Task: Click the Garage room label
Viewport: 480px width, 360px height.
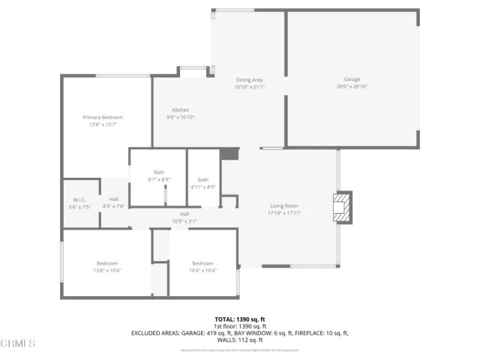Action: click(x=352, y=79)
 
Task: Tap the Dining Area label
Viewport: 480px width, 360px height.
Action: click(x=249, y=79)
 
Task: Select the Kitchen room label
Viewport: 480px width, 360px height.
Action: click(x=181, y=110)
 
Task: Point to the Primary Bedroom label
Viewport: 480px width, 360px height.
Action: click(x=103, y=117)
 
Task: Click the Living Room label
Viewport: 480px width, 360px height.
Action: click(x=284, y=205)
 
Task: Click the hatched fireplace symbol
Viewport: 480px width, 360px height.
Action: click(x=341, y=208)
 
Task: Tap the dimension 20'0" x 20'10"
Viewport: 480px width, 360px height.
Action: click(x=352, y=86)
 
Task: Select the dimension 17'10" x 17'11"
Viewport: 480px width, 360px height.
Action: click(x=284, y=213)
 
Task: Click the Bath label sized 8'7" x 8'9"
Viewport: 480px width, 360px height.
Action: click(x=159, y=172)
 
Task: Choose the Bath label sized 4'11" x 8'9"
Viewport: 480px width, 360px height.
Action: click(x=202, y=180)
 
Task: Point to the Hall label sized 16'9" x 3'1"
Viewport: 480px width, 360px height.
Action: click(x=184, y=214)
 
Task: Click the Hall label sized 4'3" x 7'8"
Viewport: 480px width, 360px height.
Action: click(x=113, y=199)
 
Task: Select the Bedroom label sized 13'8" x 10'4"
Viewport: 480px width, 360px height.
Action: click(x=107, y=263)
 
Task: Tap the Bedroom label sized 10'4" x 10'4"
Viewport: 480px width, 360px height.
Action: click(x=202, y=263)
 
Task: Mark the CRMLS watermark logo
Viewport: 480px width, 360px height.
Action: click(x=18, y=343)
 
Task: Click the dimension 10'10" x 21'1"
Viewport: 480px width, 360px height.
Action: click(x=249, y=87)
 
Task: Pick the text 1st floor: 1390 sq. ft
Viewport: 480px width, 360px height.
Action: click(x=239, y=326)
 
